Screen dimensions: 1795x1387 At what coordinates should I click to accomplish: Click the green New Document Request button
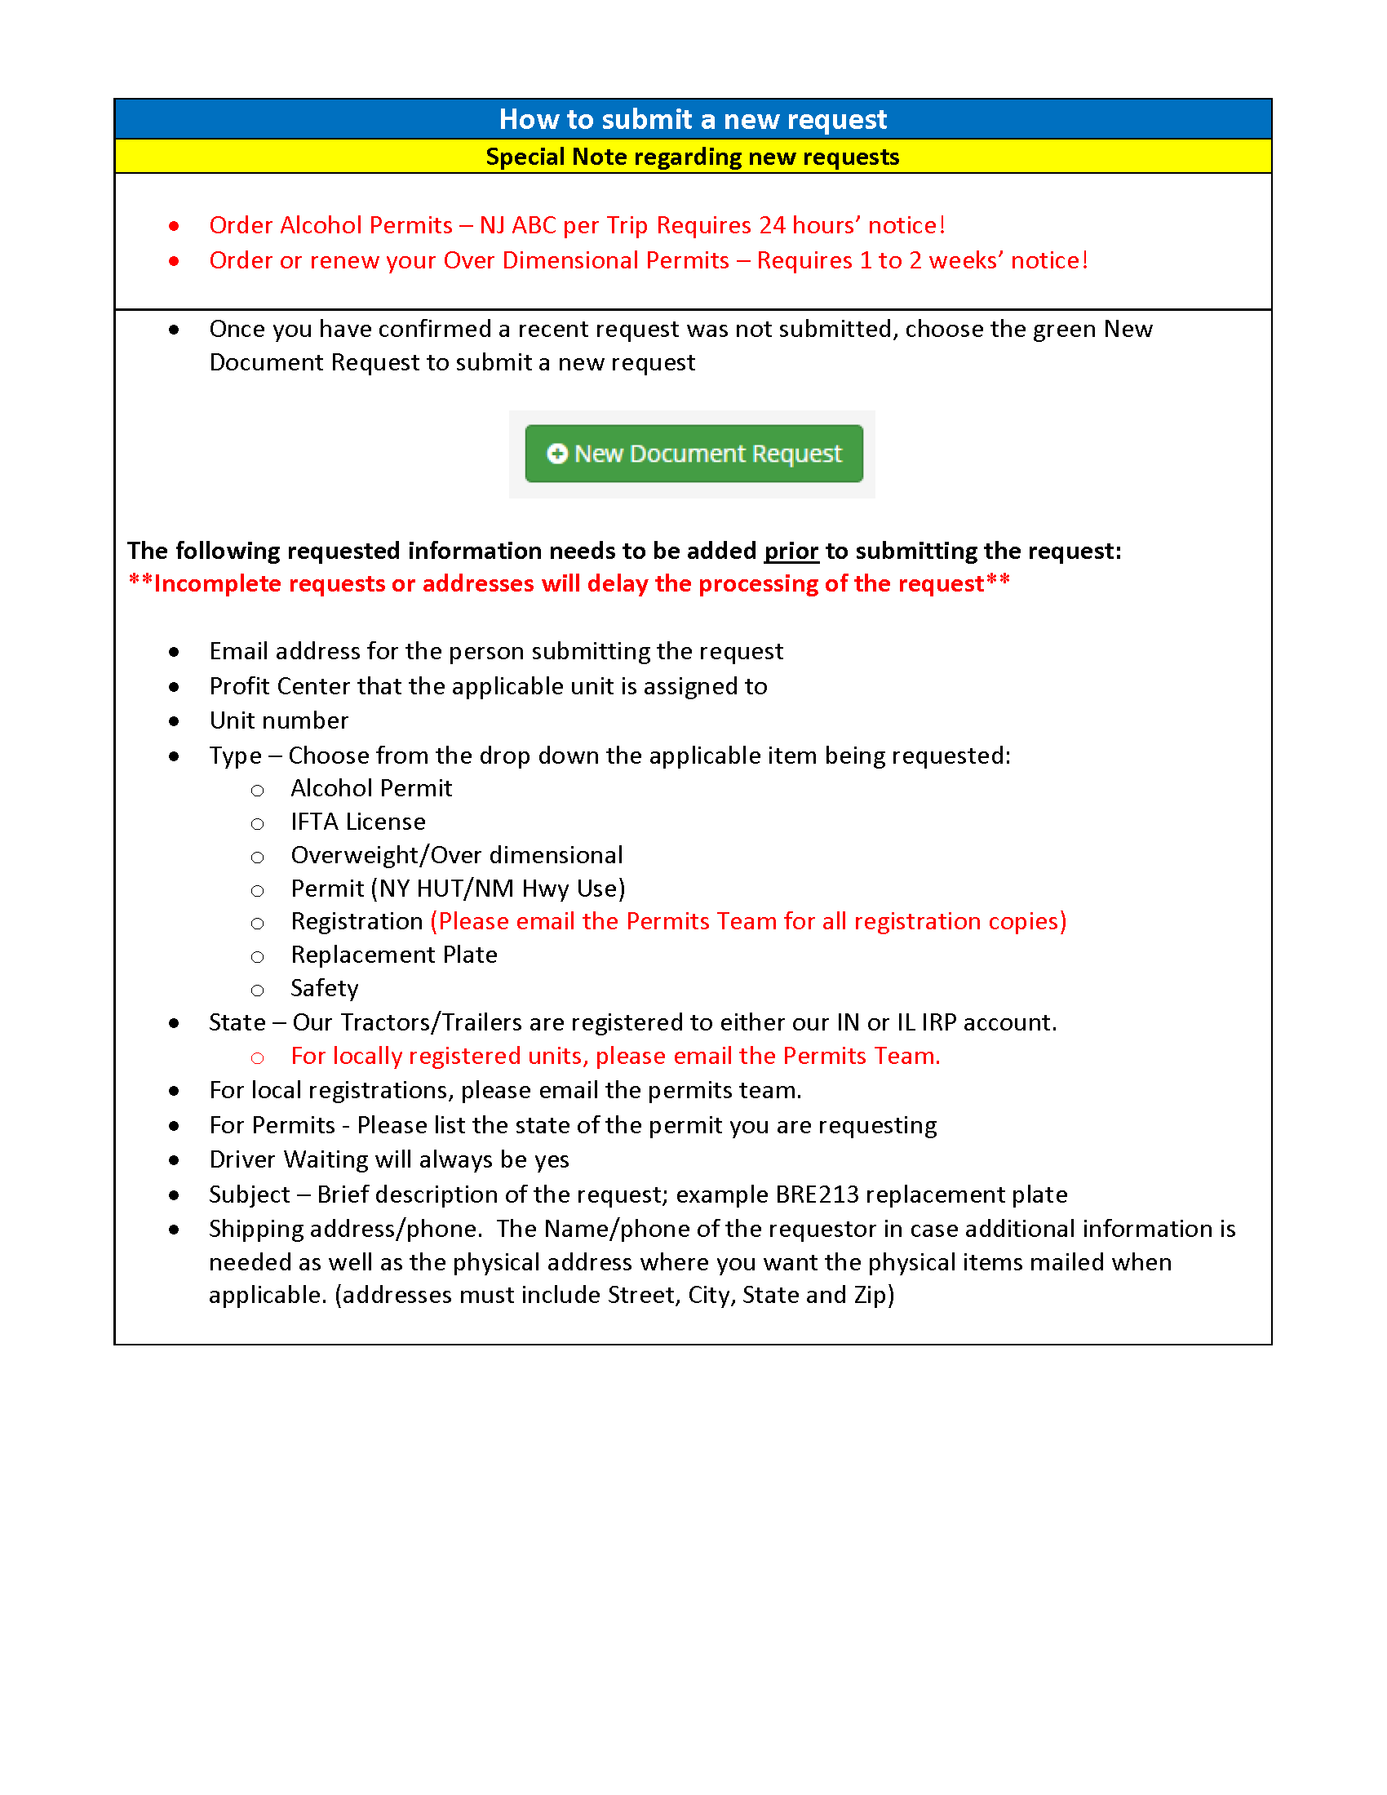(693, 454)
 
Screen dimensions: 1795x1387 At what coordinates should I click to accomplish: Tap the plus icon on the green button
(557, 454)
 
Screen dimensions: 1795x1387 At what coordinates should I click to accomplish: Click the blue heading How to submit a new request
(693, 119)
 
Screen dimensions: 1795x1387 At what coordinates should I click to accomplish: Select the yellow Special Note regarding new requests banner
(693, 157)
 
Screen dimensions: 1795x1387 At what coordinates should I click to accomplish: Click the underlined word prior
(791, 551)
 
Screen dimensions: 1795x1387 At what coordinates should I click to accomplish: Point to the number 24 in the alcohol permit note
(772, 225)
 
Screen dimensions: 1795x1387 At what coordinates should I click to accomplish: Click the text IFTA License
(358, 822)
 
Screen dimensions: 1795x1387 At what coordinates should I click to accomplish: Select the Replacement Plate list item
(393, 955)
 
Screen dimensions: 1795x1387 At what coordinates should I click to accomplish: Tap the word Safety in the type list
(325, 988)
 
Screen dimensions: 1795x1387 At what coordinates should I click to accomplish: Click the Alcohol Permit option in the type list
(371, 788)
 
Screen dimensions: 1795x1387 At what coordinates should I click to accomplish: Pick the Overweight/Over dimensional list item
(457, 856)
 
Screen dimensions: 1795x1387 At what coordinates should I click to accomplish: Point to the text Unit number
(278, 720)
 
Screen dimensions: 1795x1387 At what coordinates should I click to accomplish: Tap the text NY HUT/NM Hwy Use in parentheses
(498, 889)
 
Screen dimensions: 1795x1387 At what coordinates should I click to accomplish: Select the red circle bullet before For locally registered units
(257, 1057)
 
